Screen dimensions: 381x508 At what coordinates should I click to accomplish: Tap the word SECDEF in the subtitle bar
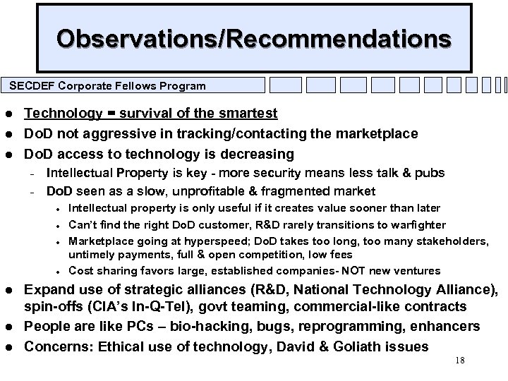tap(30, 86)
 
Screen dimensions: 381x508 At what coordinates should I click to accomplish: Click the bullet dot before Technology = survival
tap(8, 114)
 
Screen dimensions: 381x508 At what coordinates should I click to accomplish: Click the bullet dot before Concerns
tap(8, 347)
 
